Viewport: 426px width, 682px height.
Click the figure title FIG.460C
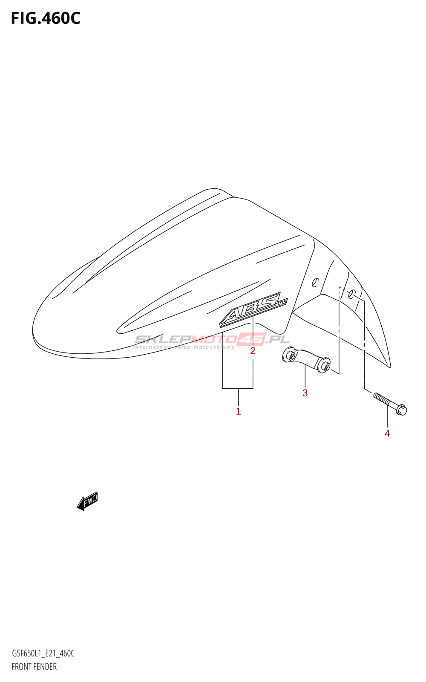(45, 18)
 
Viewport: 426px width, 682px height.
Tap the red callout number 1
(238, 411)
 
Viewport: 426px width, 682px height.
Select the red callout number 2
(253, 351)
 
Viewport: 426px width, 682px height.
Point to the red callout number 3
(305, 393)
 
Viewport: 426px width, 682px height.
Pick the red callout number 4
(387, 433)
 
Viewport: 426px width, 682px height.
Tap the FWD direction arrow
(88, 501)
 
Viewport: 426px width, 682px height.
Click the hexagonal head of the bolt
(401, 410)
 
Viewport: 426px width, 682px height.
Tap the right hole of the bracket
(325, 365)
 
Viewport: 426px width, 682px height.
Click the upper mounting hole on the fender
(315, 282)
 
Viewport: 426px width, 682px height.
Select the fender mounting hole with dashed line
(352, 294)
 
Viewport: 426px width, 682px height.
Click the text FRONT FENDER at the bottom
(34, 667)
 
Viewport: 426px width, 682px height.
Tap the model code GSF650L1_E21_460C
(43, 653)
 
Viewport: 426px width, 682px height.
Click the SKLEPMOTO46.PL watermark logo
(212, 339)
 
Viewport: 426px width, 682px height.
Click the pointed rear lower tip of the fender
(389, 365)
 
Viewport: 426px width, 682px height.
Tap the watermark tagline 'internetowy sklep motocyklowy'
(184, 347)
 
